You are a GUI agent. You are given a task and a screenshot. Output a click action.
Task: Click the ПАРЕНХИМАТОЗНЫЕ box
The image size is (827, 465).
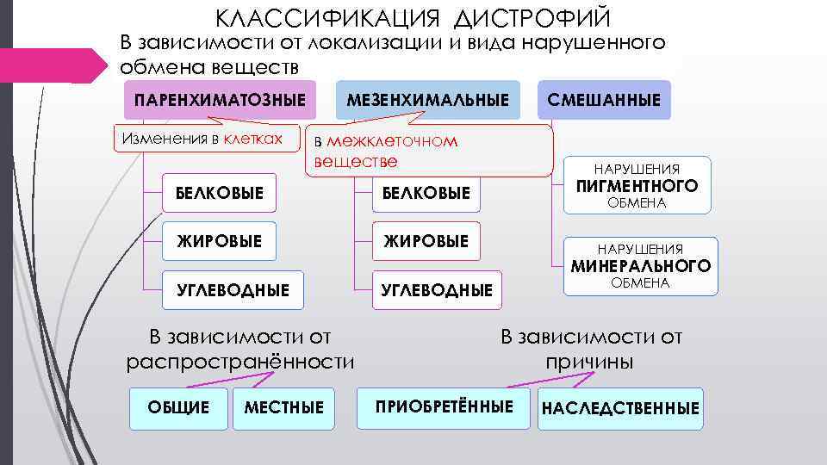(220, 100)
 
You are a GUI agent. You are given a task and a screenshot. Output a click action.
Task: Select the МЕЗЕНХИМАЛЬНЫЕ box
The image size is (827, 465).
(427, 100)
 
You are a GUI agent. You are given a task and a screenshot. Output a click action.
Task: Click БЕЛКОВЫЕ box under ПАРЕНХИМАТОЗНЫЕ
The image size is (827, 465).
(221, 192)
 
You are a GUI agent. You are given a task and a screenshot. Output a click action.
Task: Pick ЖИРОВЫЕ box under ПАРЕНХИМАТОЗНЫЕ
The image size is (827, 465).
(221, 241)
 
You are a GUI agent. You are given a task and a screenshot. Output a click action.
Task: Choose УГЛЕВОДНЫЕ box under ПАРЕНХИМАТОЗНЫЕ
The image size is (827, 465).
(233, 289)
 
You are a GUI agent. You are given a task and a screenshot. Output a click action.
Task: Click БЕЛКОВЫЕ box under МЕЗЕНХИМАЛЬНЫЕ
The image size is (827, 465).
(426, 193)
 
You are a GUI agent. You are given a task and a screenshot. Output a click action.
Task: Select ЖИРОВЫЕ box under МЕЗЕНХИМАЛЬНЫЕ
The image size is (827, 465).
(426, 241)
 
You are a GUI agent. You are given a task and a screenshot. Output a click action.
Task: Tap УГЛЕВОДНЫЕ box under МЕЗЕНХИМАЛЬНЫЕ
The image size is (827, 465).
(438, 290)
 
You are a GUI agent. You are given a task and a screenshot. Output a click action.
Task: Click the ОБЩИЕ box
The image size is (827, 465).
(178, 407)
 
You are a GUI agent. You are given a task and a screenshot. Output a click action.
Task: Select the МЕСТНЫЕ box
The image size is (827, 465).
(284, 407)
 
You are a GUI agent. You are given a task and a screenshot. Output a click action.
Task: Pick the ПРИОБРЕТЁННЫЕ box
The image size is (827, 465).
(445, 406)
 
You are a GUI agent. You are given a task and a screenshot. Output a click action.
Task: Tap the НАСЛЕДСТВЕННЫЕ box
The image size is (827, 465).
(619, 407)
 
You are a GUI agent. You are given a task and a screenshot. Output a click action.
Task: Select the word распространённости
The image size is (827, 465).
(240, 362)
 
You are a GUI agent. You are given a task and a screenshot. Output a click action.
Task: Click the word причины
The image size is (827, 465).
(590, 362)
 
